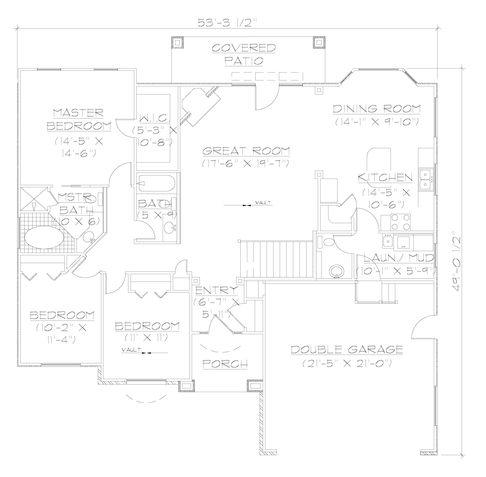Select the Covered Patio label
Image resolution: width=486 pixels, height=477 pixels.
pyautogui.click(x=244, y=54)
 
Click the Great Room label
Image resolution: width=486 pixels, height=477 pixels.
pyautogui.click(x=246, y=151)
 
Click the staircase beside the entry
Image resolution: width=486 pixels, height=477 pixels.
pyautogui.click(x=276, y=259)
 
